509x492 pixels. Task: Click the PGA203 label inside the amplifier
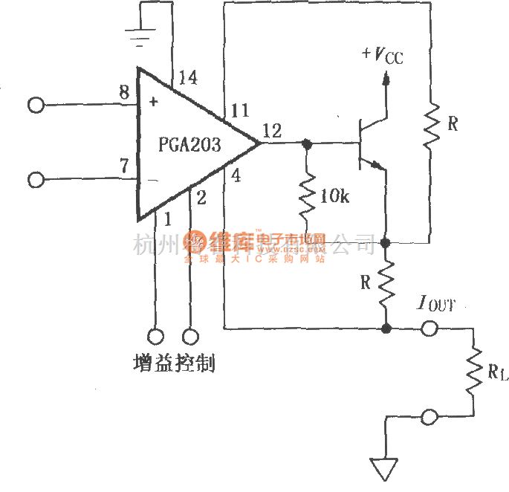pos(190,145)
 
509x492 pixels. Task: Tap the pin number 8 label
pos(124,93)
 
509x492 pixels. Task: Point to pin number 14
pos(187,77)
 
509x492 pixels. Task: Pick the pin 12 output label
pos(272,132)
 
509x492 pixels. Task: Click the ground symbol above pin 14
pos(140,34)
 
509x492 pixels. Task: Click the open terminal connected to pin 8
pos(36,105)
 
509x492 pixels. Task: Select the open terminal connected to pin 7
pos(36,180)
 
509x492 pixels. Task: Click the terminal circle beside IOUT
pos(429,328)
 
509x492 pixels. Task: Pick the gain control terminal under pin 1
pos(156,336)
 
